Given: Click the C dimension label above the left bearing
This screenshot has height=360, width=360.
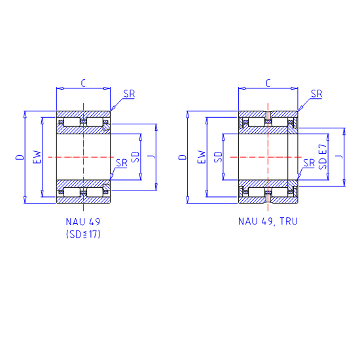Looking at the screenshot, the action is [x=83, y=83].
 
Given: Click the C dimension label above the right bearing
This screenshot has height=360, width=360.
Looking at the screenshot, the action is [x=268, y=83].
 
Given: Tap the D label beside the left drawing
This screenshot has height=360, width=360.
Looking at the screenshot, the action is [x=20, y=157].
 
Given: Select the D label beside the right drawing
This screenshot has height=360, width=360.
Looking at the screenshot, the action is [x=183, y=157].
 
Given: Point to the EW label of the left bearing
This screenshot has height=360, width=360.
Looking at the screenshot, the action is [x=37, y=157].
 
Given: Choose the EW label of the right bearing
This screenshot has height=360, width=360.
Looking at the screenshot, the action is [x=202, y=157].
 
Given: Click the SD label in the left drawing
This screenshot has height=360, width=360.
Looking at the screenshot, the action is [x=135, y=157].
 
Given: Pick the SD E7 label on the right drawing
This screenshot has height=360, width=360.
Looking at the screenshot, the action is [x=323, y=157].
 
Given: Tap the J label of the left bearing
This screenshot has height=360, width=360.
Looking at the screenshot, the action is [x=152, y=157].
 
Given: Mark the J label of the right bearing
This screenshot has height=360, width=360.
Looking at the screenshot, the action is [x=339, y=157].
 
